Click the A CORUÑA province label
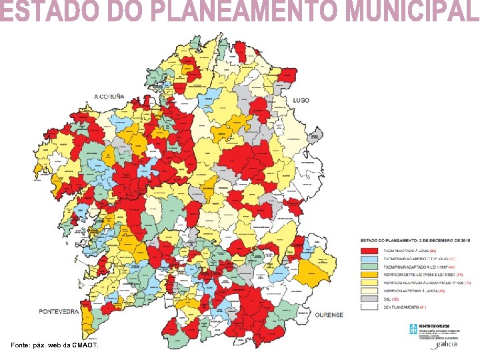tap(109, 97)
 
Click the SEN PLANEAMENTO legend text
tap(403, 307)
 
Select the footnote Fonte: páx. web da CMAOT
tap(55, 345)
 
